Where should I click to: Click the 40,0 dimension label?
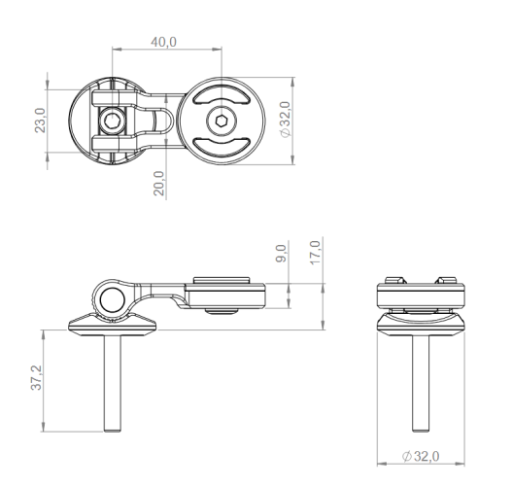[163, 42]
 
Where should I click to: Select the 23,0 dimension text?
[41, 121]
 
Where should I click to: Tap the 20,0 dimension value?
[159, 184]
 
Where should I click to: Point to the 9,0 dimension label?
[281, 253]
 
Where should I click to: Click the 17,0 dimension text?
[316, 253]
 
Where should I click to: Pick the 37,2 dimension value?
[37, 377]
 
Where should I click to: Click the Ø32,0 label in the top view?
[285, 120]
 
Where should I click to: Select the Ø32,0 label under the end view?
[421, 456]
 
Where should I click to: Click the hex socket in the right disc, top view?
[222, 121]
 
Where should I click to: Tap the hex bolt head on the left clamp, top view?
[113, 121]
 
